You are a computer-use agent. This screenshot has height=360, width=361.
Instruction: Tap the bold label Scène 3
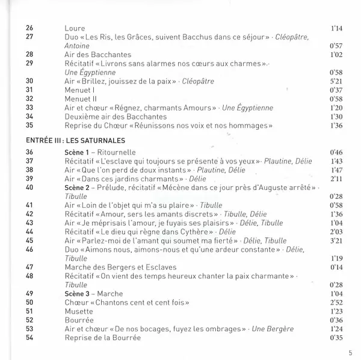pos(78,293)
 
